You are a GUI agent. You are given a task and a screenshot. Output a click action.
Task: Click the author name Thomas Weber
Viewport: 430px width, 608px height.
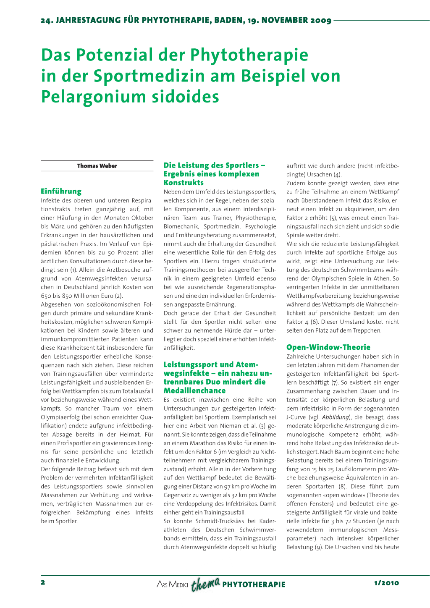[x=97, y=166]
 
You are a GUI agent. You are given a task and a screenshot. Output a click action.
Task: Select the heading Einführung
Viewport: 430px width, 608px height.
[x=61, y=191]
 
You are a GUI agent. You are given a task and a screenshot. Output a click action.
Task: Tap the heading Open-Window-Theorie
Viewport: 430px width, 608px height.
[x=328, y=347]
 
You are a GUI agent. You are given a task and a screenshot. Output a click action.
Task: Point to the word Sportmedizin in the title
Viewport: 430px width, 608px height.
[x=150, y=76]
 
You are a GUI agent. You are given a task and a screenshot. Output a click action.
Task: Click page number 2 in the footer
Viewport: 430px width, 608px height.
[x=43, y=582]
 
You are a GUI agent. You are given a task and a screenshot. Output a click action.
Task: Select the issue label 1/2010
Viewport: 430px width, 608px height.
[x=386, y=583]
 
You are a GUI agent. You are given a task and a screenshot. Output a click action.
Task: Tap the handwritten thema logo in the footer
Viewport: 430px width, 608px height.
[x=205, y=584]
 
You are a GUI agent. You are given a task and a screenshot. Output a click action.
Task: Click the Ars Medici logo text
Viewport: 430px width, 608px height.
[x=172, y=584]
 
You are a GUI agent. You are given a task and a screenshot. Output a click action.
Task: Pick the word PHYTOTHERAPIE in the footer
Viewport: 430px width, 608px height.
[x=254, y=584]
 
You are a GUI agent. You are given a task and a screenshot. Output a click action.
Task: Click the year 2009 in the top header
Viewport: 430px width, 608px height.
[x=321, y=20]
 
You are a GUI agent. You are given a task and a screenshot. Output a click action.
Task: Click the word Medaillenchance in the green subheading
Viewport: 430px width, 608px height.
[x=194, y=390]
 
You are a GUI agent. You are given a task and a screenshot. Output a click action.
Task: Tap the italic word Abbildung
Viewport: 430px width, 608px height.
[x=336, y=417]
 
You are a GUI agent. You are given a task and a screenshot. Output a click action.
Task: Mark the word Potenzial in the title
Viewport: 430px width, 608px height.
[x=115, y=55]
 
